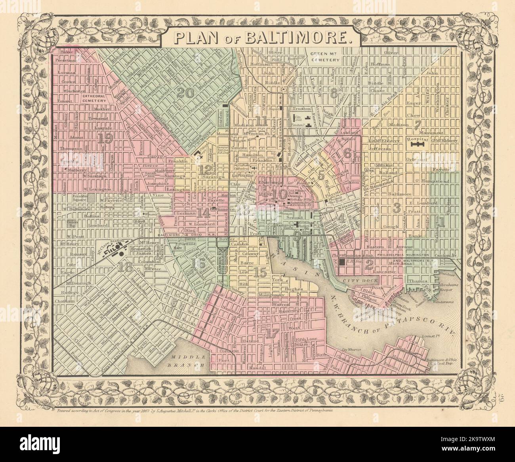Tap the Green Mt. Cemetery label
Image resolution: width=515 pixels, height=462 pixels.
click(x=325, y=58)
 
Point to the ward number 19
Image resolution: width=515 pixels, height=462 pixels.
click(x=105, y=138)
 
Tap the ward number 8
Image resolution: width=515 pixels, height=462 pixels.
click(x=334, y=93)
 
